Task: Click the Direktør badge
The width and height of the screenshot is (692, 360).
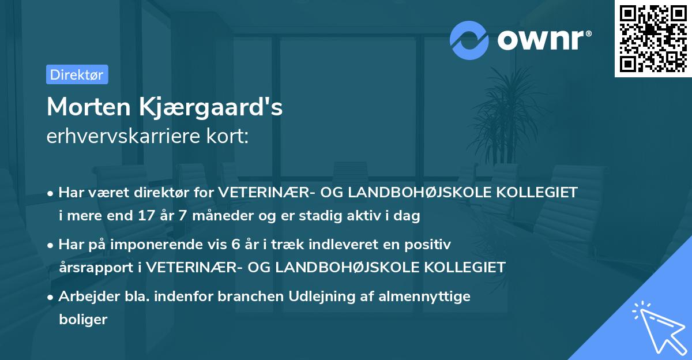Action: click(77, 74)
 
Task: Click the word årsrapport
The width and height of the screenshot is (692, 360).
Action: click(98, 267)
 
